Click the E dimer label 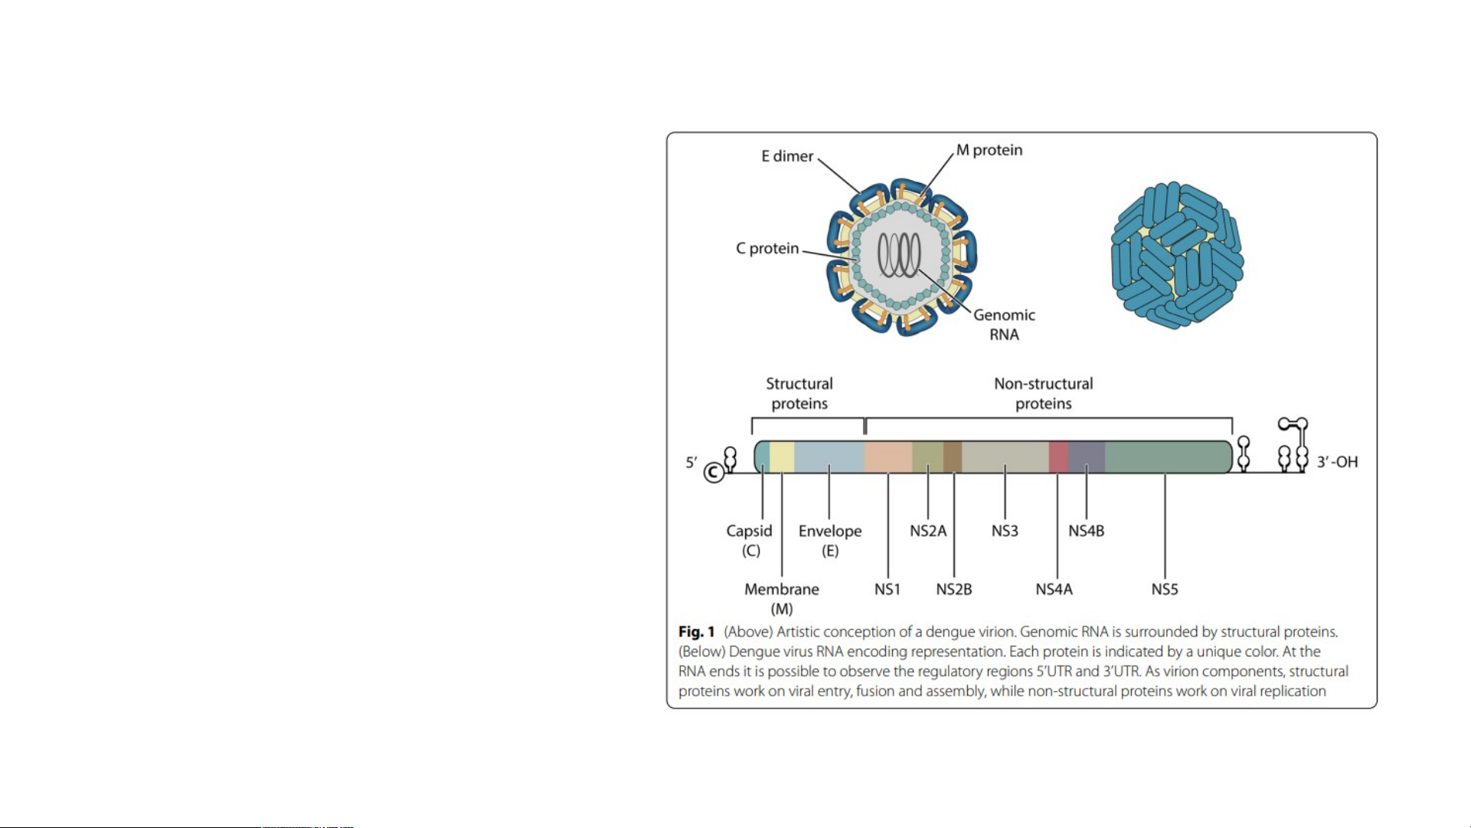tap(787, 156)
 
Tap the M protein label tap(989, 150)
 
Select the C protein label tap(767, 248)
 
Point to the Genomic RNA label tap(1004, 325)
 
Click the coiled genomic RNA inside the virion tap(899, 254)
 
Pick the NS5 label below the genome tap(1165, 589)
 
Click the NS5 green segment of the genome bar tap(1169, 457)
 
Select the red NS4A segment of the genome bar tap(1058, 457)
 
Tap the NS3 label tap(1005, 531)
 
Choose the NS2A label tap(928, 531)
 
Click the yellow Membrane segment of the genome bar tap(782, 457)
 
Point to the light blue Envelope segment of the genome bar tap(829, 457)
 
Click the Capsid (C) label tap(750, 540)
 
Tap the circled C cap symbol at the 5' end tap(714, 473)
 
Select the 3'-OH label tap(1337, 462)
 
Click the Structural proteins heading tap(799, 394)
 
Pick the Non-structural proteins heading tap(1044, 394)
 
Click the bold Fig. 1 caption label tap(696, 632)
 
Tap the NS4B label tap(1087, 531)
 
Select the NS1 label tap(888, 589)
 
